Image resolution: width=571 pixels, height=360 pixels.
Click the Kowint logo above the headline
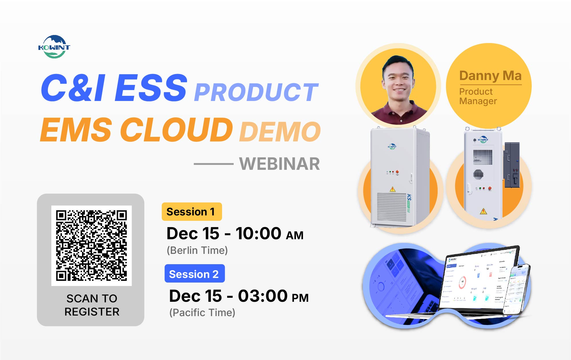click(x=54, y=47)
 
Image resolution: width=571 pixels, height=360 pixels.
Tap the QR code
click(x=91, y=246)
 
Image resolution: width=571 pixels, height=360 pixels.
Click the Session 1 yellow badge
click(x=192, y=212)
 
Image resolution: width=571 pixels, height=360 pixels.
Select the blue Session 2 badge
click(x=194, y=274)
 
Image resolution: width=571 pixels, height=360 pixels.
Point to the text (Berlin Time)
click(x=197, y=250)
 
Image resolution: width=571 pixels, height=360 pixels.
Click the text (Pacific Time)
click(x=202, y=313)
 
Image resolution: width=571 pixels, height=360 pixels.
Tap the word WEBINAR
click(x=279, y=164)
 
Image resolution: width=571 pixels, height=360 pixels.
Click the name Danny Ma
click(x=490, y=76)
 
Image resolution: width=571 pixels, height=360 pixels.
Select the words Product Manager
click(x=478, y=96)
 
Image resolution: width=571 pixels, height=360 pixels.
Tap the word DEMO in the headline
click(x=280, y=132)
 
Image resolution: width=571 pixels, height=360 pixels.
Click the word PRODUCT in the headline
click(x=256, y=92)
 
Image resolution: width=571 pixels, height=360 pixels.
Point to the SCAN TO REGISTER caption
click(x=92, y=305)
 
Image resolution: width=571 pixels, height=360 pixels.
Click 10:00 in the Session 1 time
click(x=258, y=233)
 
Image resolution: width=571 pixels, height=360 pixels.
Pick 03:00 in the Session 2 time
click(x=263, y=296)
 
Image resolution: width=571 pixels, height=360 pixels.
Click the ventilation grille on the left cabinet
click(x=392, y=207)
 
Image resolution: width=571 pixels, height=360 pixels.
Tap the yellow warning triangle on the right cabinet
click(x=484, y=212)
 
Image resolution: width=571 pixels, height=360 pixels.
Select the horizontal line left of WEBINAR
click(x=214, y=164)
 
